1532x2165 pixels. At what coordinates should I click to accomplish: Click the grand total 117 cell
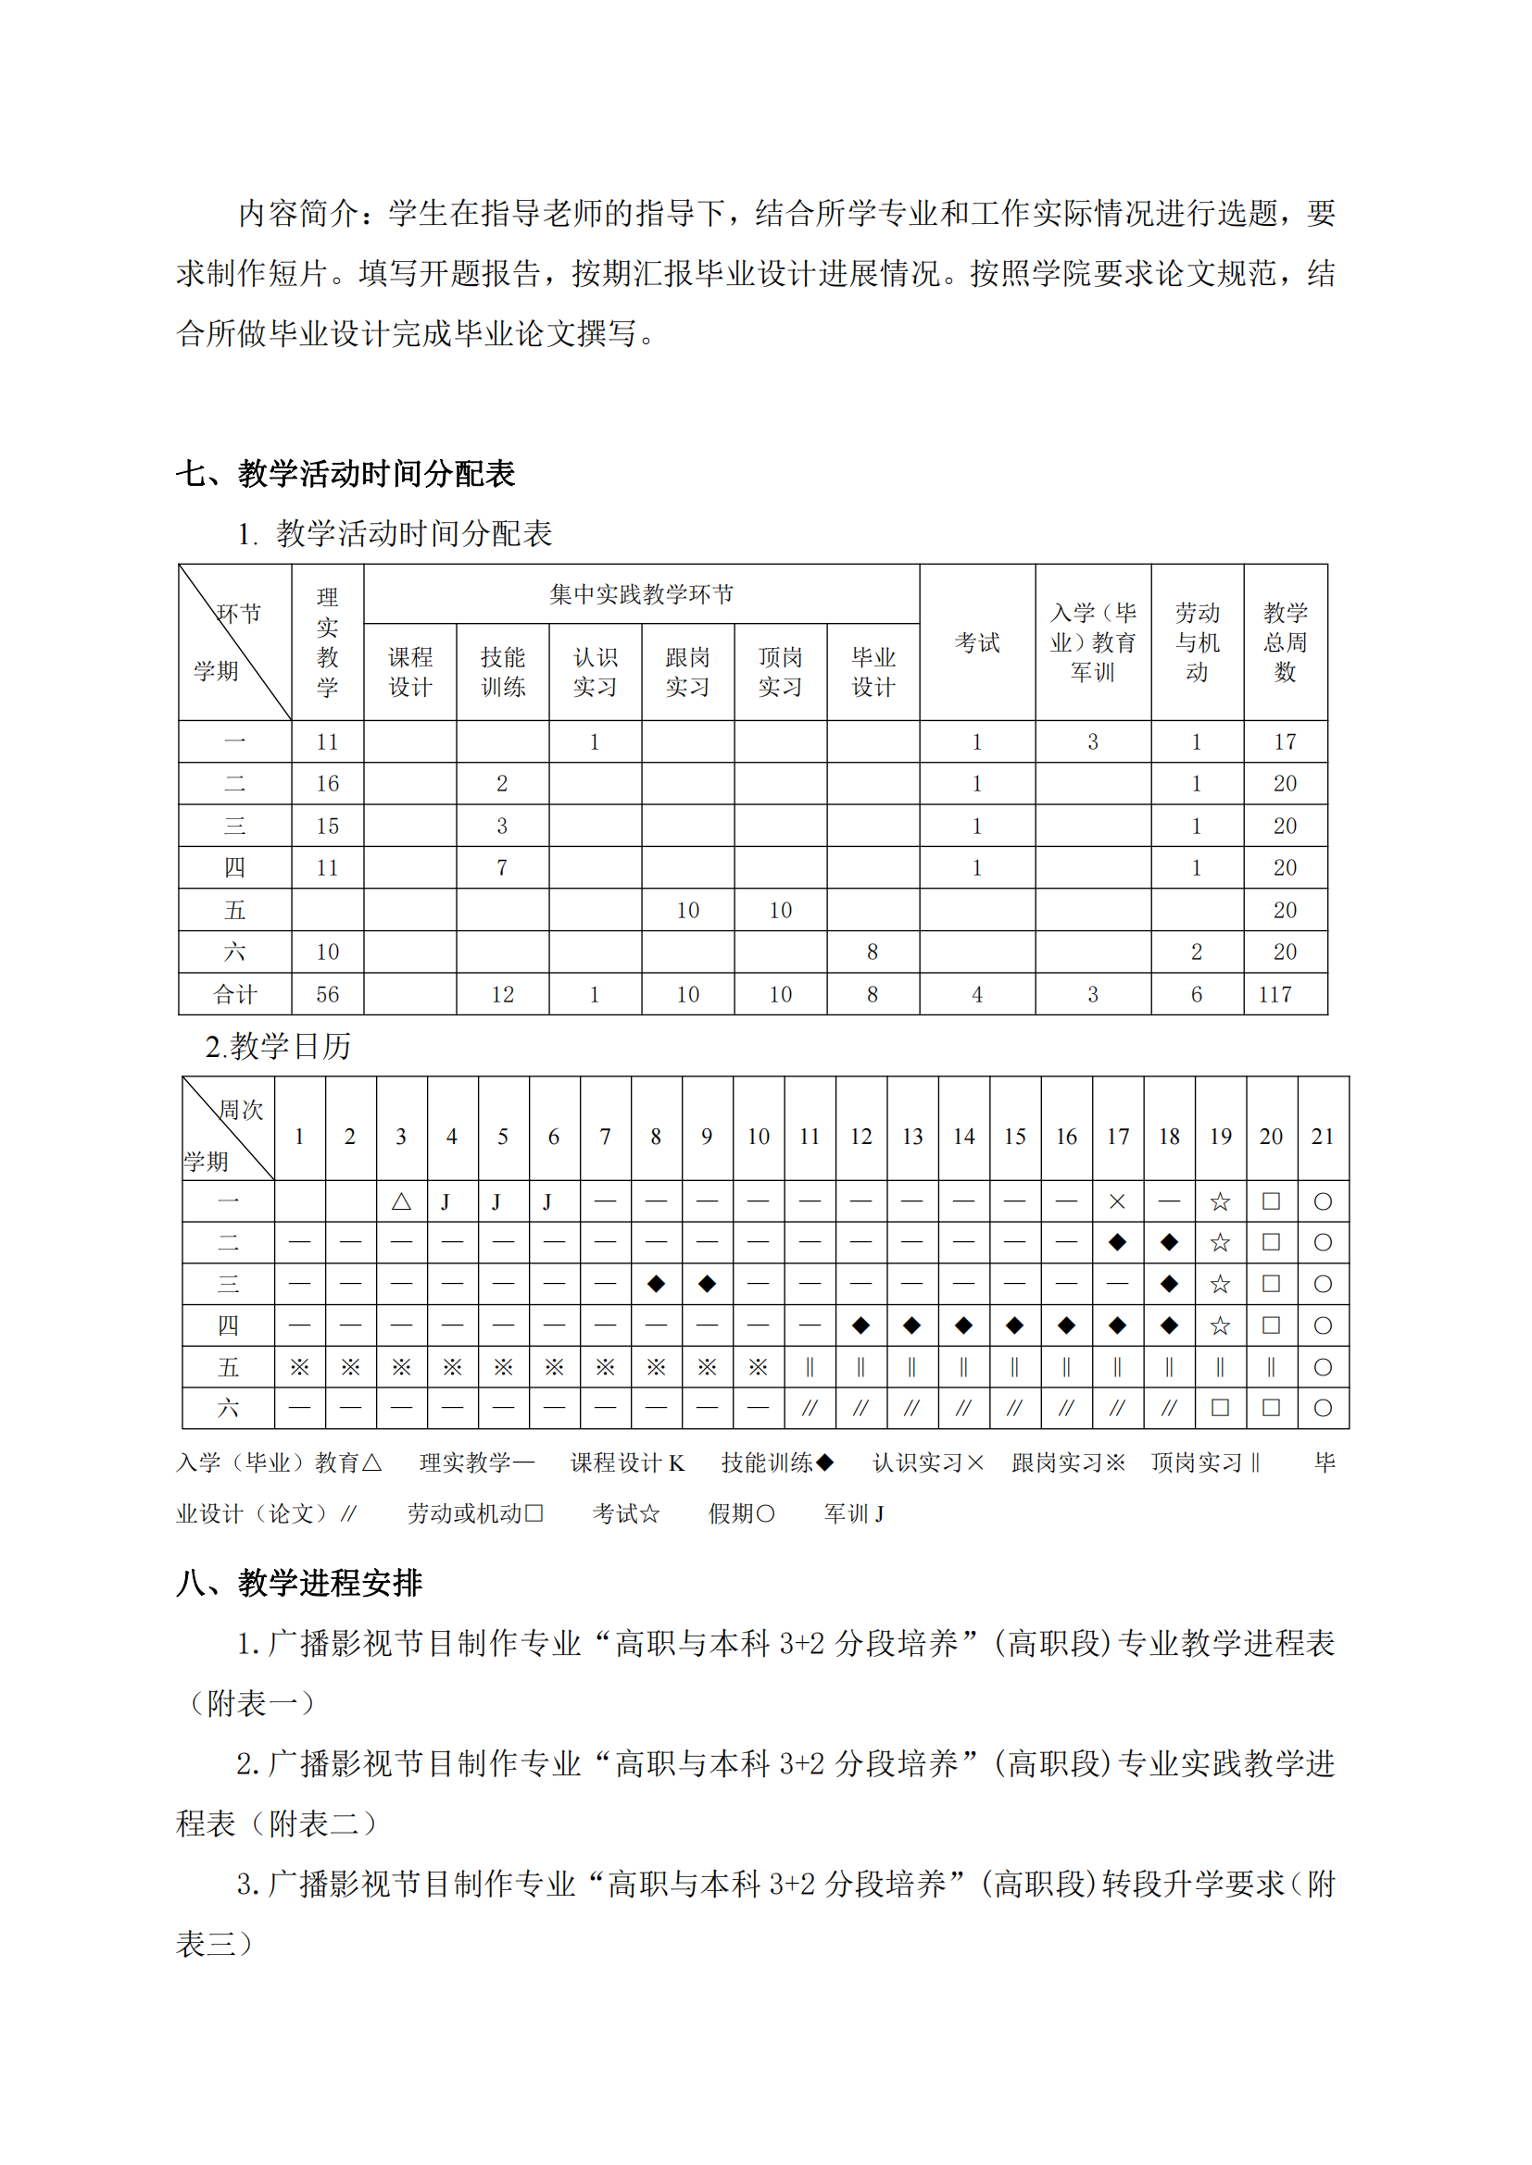pyautogui.click(x=1275, y=994)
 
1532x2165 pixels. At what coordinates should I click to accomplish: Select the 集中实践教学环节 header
pyautogui.click(x=642, y=594)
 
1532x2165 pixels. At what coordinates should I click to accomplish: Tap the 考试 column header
pyautogui.click(x=976, y=642)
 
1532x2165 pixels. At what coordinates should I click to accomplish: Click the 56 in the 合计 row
pyautogui.click(x=327, y=994)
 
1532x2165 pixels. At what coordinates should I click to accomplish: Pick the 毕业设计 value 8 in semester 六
pyautogui.click(x=873, y=952)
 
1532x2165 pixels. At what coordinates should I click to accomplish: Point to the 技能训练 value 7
pyautogui.click(x=502, y=867)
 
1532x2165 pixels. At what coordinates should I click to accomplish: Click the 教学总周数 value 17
pyautogui.click(x=1285, y=742)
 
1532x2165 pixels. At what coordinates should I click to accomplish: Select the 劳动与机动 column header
pyautogui.click(x=1196, y=642)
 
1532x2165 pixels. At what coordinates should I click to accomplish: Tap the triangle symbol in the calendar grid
pyautogui.click(x=401, y=1201)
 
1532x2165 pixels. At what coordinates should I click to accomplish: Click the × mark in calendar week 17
pyautogui.click(x=1117, y=1201)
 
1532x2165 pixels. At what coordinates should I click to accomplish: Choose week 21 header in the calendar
pyautogui.click(x=1323, y=1137)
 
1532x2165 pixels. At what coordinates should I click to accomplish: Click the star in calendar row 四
pyautogui.click(x=1220, y=1325)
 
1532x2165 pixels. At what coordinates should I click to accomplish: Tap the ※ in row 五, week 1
pyautogui.click(x=299, y=1367)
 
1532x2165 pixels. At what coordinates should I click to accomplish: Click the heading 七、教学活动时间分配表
pyautogui.click(x=345, y=473)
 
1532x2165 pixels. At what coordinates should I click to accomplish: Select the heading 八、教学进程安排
pyautogui.click(x=299, y=1582)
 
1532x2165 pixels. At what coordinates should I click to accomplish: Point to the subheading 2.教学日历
pyautogui.click(x=277, y=1046)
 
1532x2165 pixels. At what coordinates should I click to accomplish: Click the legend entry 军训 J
pyautogui.click(x=854, y=1513)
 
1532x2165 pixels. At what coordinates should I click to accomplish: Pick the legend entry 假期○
pyautogui.click(x=742, y=1513)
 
